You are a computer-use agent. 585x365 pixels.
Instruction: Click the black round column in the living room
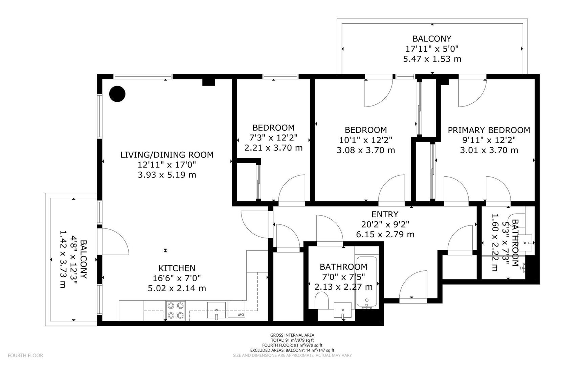pos(117,94)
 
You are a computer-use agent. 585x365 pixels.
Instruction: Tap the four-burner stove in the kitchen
pos(176,311)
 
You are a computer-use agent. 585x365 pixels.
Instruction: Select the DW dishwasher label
pos(241,315)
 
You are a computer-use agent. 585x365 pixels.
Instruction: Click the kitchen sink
pos(216,310)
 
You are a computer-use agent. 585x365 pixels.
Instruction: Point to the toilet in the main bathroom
pos(321,300)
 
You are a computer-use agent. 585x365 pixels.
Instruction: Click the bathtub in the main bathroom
pos(366,283)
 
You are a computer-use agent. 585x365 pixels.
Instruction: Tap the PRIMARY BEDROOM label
pos(489,130)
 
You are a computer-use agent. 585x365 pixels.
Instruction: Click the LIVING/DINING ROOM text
pos(167,155)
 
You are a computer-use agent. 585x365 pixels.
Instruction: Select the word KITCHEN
pos(177,268)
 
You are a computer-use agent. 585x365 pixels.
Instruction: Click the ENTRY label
pos(385,214)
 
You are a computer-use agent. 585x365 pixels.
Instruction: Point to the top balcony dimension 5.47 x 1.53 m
pos(432,59)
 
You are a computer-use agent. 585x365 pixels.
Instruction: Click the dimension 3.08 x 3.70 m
pos(366,150)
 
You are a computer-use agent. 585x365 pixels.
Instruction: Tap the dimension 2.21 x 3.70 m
pos(273,148)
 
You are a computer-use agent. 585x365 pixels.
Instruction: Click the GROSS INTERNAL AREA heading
pos(292,335)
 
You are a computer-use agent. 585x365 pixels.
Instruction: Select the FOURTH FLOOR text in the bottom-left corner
pos(25,356)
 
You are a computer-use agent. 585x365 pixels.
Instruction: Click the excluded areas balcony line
pos(292,350)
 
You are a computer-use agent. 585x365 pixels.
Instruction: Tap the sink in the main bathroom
pos(342,310)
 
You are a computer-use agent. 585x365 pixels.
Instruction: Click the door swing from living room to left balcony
pos(115,241)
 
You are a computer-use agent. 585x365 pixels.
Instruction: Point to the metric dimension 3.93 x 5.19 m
pos(167,175)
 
